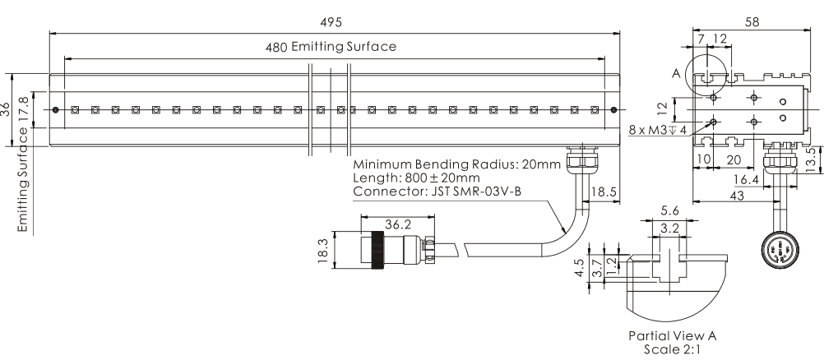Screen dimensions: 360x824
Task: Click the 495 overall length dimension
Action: pyautogui.click(x=333, y=21)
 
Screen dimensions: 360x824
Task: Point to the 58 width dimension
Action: pyautogui.click(x=752, y=22)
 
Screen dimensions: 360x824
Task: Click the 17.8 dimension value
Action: pyautogui.click(x=25, y=109)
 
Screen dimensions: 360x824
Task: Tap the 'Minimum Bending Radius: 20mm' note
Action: pyautogui.click(x=456, y=164)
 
